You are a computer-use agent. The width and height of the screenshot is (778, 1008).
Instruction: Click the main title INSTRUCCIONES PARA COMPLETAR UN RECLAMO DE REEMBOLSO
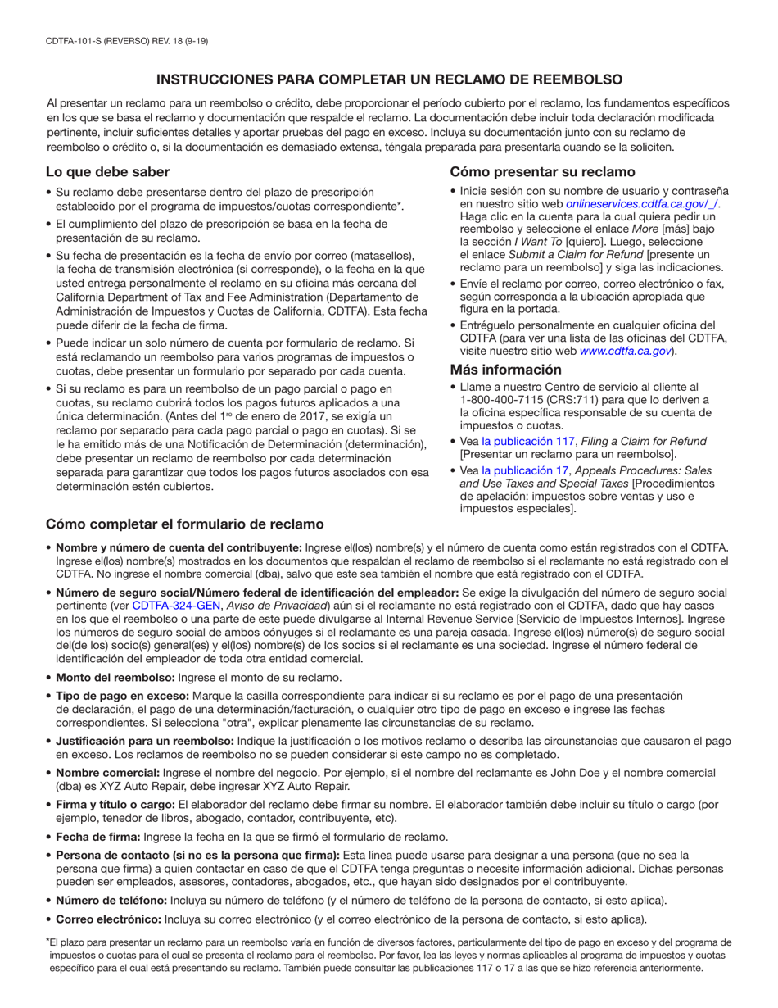click(389, 79)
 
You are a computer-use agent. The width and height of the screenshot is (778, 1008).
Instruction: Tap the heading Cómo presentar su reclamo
click(542, 172)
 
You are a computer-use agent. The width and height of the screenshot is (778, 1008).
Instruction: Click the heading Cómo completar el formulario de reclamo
click(183, 524)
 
